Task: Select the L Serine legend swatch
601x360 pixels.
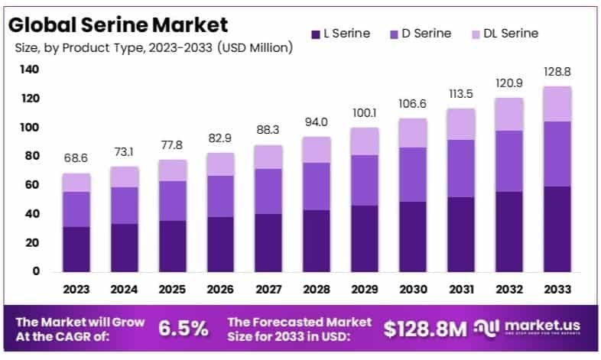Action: click(x=315, y=34)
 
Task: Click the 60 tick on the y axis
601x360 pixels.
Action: click(x=32, y=185)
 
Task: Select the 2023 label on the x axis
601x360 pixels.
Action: click(x=76, y=290)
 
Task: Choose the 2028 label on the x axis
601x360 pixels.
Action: click(x=315, y=290)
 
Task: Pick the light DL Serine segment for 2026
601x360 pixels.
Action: click(x=220, y=164)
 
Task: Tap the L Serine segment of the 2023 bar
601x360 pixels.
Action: click(x=76, y=249)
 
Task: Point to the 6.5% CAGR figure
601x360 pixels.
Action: click(x=183, y=329)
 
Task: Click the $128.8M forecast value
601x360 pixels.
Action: click(x=425, y=329)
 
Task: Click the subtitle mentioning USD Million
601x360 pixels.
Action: click(x=154, y=48)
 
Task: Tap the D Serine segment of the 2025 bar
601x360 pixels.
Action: click(x=172, y=201)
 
